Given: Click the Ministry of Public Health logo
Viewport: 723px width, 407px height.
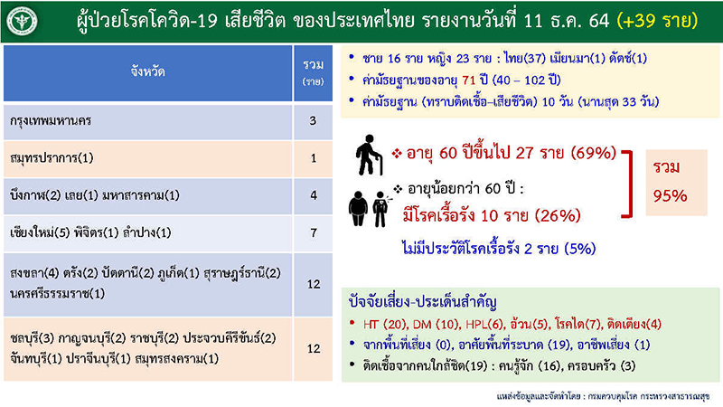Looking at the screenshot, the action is tap(21, 21).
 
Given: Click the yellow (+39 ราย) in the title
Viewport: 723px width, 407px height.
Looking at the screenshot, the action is tap(657, 21).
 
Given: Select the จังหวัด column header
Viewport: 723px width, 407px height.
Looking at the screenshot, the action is tap(147, 73).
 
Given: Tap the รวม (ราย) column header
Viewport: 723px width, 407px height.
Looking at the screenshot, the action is tap(313, 73).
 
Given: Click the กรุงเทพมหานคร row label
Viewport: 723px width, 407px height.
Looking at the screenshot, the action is tap(51, 121).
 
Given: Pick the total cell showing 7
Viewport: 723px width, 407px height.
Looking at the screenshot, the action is tap(313, 233).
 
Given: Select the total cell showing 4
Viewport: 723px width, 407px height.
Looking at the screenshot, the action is tap(313, 195).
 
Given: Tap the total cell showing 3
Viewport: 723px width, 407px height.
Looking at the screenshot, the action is tap(313, 121).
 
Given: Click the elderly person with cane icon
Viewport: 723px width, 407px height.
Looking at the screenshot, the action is tap(369, 155).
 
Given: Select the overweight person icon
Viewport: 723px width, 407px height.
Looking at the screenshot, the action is tap(358, 209).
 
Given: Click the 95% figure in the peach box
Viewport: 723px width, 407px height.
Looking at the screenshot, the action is tap(670, 196).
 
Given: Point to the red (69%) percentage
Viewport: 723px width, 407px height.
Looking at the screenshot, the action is tap(594, 153).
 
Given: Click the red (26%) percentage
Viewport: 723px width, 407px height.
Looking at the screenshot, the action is tap(558, 215).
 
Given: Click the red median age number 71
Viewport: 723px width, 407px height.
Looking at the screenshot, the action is tap(468, 80).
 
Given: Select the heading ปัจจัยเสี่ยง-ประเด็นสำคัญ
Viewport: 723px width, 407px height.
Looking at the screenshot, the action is tap(422, 302).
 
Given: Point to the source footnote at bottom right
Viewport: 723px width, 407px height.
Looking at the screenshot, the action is tap(603, 396).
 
